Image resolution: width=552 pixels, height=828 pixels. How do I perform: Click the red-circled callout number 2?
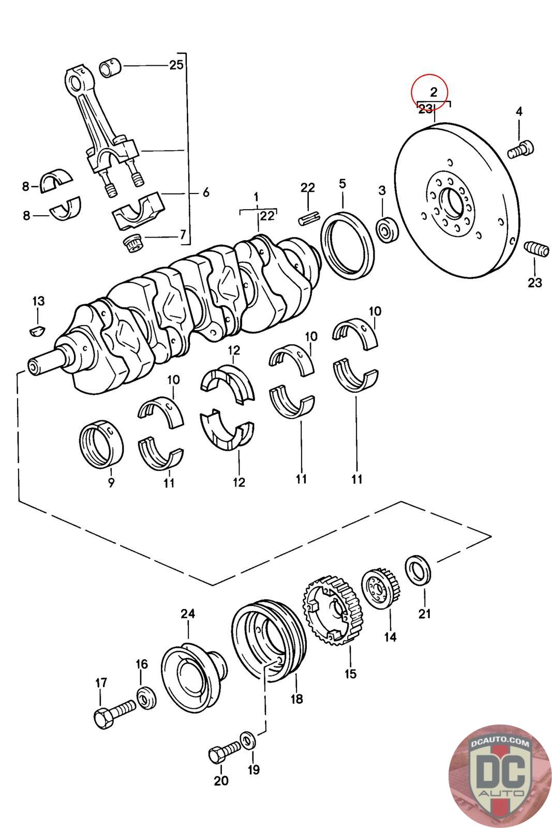(433, 93)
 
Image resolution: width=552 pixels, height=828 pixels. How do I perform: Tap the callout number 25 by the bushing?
(176, 65)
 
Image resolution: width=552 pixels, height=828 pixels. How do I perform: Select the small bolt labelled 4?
(520, 149)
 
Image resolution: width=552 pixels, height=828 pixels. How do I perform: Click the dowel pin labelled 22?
(308, 218)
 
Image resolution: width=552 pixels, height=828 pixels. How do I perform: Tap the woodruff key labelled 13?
(37, 330)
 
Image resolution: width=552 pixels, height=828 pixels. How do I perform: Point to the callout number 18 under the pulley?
(296, 699)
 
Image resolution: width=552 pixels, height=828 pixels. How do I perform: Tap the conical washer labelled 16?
(147, 699)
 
